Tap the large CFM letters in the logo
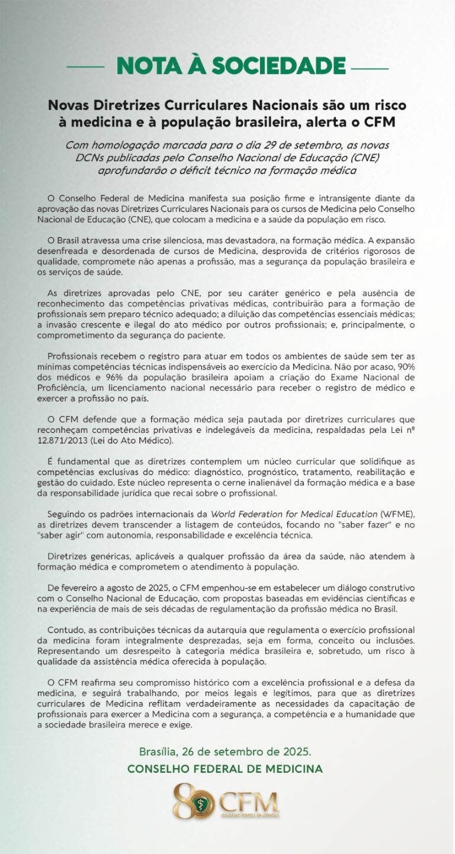tap(249, 802)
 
